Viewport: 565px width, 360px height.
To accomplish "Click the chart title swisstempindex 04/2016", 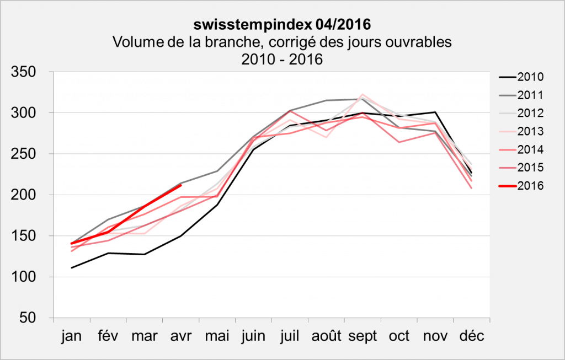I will (281, 25).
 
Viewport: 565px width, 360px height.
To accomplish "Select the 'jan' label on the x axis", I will (72, 336).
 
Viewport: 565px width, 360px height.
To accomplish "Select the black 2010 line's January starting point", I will (72, 268).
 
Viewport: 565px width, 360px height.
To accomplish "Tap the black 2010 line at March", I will (144, 254).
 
